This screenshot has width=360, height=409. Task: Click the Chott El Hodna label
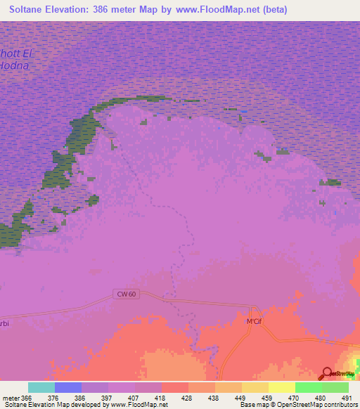pos(15,60)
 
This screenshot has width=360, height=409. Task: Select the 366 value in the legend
pos(27,397)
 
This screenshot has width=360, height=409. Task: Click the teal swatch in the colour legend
pos(41,387)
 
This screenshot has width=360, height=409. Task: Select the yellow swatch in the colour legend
pos(282,387)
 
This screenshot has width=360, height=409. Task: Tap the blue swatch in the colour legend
pos(67,387)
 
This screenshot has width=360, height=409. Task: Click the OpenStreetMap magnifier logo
pos(326,375)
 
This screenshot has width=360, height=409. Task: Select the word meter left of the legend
pos(11,397)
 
